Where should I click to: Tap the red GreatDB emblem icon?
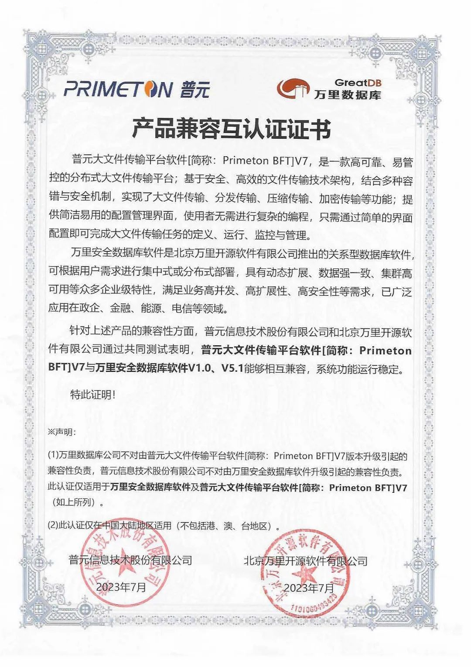tap(293, 89)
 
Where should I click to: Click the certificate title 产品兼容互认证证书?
tap(231, 129)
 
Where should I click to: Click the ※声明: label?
tap(62, 432)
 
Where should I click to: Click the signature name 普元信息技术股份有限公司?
tap(130, 560)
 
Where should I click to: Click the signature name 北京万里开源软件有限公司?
tap(305, 561)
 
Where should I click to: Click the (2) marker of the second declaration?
tap(53, 526)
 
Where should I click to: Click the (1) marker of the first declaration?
tap(53, 456)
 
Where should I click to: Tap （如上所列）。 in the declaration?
tap(76, 502)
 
